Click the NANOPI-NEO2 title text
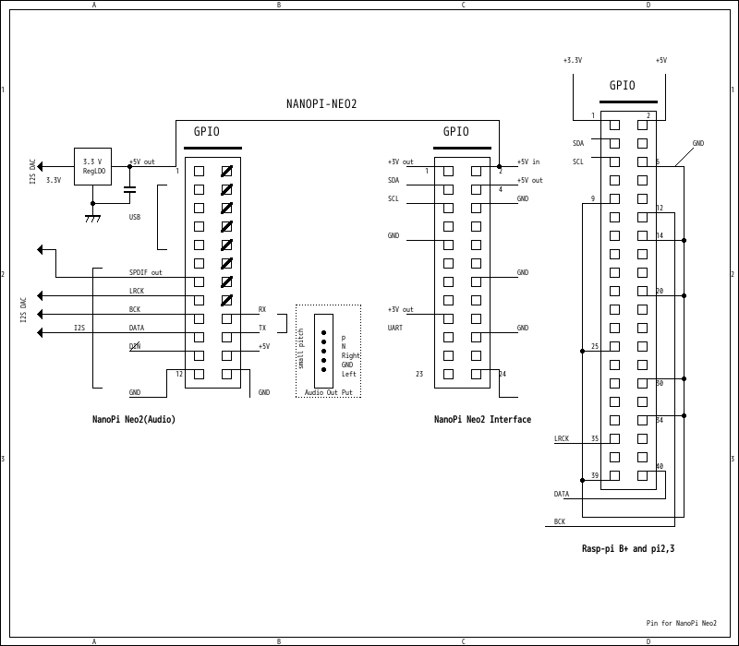pos(321,103)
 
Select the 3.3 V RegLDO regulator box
pos(92,166)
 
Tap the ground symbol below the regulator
pos(92,219)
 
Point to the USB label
pos(135,218)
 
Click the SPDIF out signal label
pos(145,272)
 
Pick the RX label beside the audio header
pos(262,309)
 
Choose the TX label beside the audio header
pos(262,328)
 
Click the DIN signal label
pos(135,346)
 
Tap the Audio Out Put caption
pos(328,392)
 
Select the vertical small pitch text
pos(301,349)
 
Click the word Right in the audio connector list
pos(351,355)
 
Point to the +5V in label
pos(528,161)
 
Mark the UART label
pos(395,328)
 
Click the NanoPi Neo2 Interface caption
pos(482,420)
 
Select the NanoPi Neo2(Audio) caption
pos(133,420)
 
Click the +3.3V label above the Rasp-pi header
pos(573,60)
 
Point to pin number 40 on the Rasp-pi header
pos(660,466)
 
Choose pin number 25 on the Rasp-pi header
pos(594,346)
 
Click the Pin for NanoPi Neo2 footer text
pos(681,623)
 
